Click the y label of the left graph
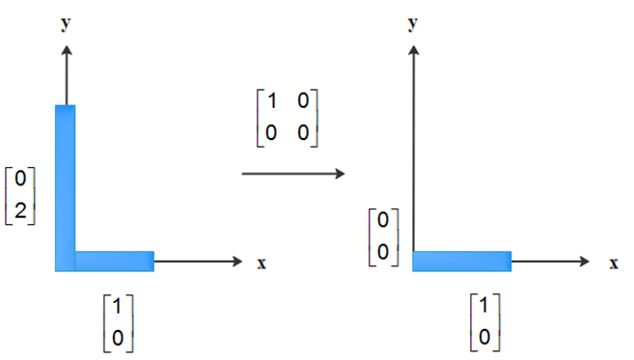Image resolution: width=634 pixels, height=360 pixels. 66,23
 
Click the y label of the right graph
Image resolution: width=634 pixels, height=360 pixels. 412,23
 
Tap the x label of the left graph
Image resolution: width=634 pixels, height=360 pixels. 262,263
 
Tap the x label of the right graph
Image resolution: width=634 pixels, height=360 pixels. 614,263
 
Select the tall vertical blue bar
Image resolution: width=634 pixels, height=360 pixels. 65,188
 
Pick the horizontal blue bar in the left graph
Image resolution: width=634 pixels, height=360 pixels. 115,262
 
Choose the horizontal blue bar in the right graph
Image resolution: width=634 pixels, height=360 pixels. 462,262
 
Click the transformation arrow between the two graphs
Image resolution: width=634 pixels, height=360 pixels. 293,174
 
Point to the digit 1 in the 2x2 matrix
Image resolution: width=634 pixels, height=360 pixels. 272,100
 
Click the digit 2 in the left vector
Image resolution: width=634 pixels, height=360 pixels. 20,210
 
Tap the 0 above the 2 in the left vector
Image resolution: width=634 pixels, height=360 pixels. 20,178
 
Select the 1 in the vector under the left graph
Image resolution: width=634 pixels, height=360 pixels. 118,306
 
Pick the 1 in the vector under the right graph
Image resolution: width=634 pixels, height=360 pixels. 484,305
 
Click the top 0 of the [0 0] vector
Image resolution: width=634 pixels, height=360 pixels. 382,220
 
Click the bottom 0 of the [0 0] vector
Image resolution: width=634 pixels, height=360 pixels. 382,252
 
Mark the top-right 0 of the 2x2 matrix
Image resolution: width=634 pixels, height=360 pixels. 303,100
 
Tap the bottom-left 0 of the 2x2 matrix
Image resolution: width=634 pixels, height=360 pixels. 271,132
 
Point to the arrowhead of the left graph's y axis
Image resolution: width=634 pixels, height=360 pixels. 67,50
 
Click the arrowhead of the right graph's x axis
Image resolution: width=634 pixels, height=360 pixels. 584,262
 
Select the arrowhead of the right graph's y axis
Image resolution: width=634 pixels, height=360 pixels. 413,50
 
